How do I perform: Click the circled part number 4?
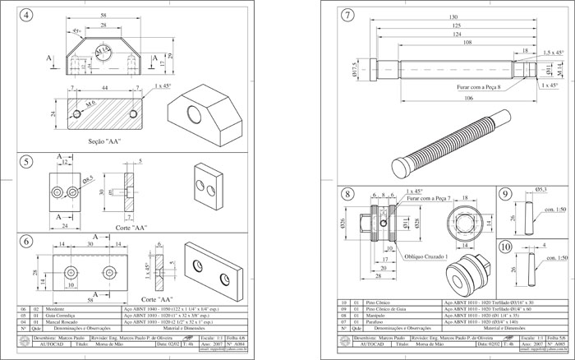coord(30,16)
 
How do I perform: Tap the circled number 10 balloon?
coord(504,247)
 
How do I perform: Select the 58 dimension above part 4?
coord(103,16)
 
